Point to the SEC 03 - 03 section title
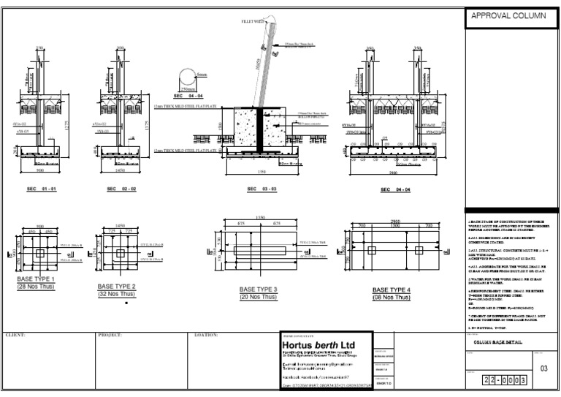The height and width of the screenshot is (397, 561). [x=262, y=189]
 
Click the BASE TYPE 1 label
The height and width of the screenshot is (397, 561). [x=36, y=279]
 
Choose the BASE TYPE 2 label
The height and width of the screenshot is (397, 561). [x=118, y=286]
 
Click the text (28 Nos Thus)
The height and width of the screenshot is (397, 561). [x=36, y=287]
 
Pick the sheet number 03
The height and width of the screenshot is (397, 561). [x=543, y=369]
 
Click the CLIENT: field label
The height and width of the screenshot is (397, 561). [x=15, y=335]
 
